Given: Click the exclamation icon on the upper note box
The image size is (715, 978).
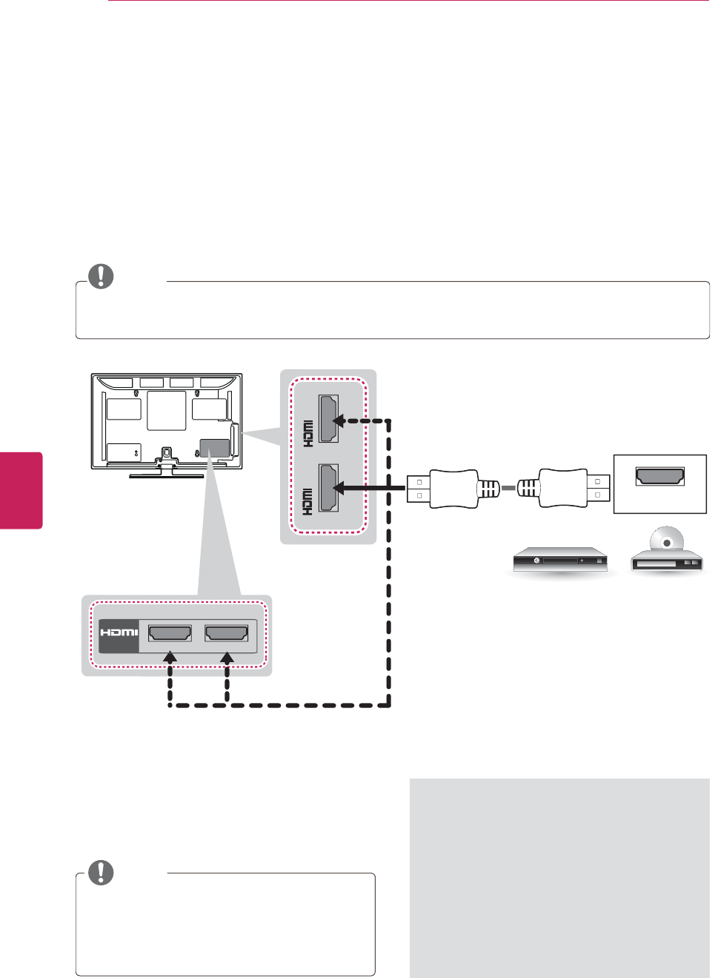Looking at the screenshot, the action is [101, 277].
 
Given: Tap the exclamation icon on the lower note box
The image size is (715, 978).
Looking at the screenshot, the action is [101, 872].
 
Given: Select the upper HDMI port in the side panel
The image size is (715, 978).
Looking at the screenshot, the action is [329, 419].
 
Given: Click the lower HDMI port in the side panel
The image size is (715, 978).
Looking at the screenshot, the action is [329, 488].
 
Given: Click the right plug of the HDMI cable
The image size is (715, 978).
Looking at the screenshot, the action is [565, 488].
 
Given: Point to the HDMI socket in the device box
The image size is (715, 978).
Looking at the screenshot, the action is [659, 476].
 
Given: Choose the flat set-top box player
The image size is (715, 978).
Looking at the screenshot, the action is [560, 560].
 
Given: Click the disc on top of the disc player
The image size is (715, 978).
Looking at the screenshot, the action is [666, 540].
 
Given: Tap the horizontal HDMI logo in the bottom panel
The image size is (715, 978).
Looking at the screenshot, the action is [119, 632].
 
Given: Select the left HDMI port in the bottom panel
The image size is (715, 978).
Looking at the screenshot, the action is [170, 633].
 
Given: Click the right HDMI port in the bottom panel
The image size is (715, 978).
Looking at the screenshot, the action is [227, 633].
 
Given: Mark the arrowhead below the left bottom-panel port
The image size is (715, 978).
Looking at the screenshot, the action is [170, 658].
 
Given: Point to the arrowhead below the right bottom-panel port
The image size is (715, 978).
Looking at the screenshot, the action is [227, 658].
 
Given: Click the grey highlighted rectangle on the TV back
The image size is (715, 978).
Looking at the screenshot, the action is [215, 448].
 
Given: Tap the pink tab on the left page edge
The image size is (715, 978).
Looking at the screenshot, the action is [21, 489].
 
